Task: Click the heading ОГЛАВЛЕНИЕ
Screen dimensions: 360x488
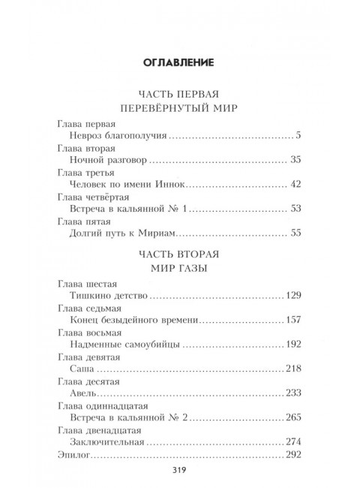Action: point(180,61)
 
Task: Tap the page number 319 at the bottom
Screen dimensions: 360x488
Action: point(180,470)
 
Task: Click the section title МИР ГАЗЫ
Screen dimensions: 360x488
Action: point(180,268)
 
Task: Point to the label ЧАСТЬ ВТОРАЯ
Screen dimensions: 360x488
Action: point(180,253)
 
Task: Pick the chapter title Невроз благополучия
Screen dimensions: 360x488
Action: point(116,137)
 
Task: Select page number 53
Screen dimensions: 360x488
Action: point(295,209)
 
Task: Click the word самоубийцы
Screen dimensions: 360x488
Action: point(151,345)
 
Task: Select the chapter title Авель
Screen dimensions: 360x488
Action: point(80,393)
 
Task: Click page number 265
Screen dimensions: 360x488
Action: point(292,417)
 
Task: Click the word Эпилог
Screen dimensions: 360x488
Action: point(73,454)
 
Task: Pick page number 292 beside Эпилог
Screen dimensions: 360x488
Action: point(292,454)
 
